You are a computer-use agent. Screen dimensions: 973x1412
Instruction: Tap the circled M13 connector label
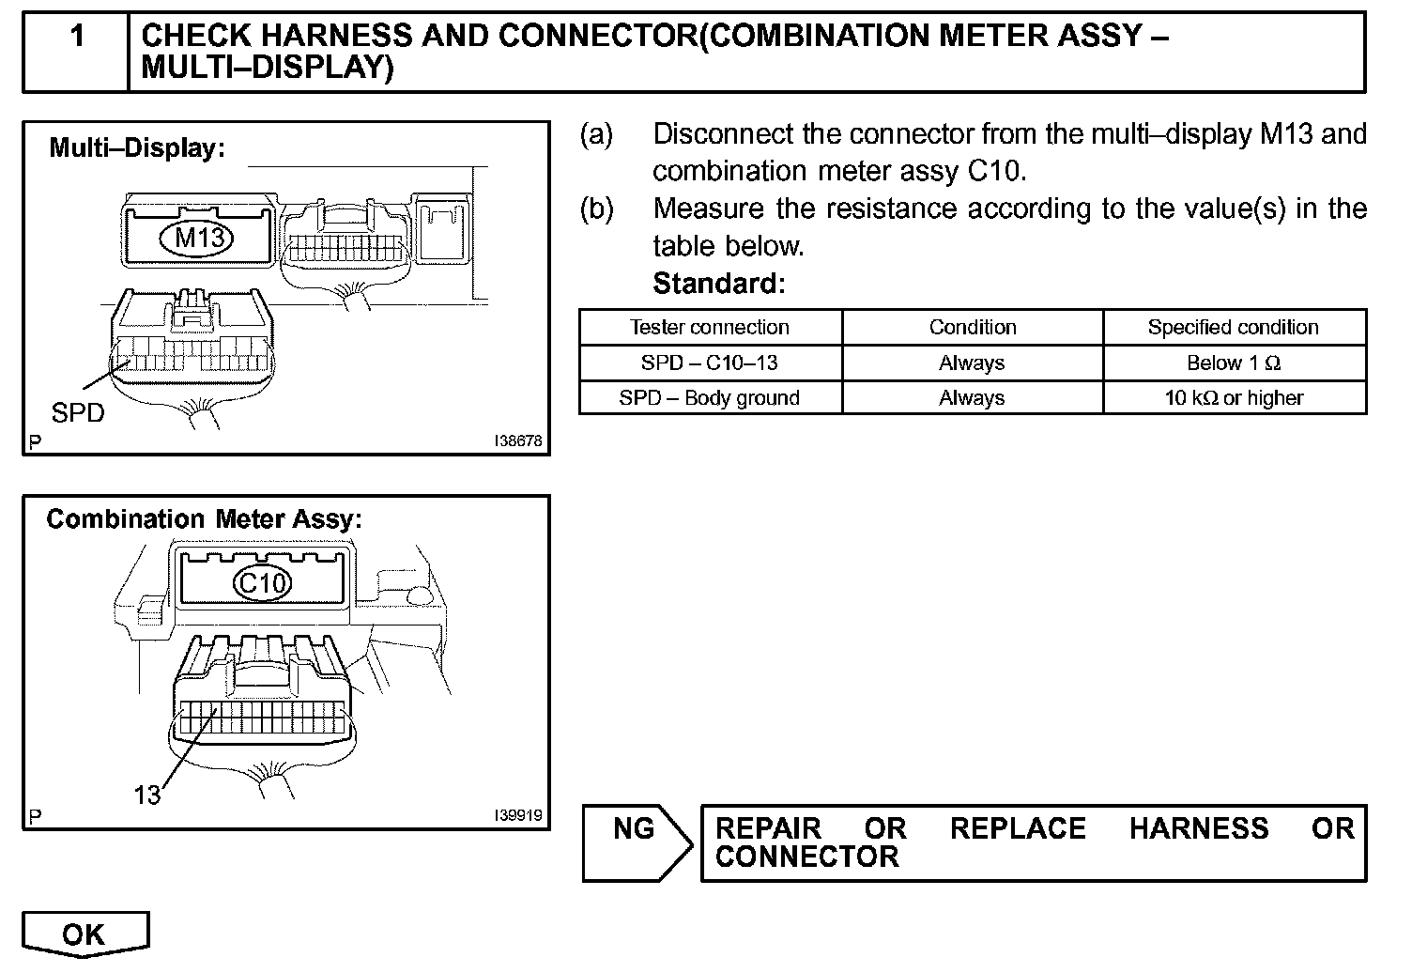201,238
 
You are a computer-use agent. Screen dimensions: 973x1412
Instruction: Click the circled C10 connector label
262,583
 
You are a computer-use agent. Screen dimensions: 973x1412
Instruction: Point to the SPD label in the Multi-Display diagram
78,412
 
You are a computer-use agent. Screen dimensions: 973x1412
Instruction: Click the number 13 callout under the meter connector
147,795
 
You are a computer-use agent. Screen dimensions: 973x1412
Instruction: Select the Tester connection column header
710,328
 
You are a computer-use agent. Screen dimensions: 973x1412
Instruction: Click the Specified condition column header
1233,328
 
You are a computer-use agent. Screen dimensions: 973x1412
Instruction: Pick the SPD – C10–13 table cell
710,363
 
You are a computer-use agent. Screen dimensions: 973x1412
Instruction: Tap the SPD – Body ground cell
710,398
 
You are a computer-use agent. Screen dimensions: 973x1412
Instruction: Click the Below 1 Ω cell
1233,363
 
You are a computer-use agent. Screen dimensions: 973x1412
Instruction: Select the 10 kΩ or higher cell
1233,398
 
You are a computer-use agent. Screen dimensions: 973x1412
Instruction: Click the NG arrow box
635,842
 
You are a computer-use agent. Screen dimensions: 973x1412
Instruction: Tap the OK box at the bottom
84,934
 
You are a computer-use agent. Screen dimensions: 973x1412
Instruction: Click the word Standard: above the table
718,283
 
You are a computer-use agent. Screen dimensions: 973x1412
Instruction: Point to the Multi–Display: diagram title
137,147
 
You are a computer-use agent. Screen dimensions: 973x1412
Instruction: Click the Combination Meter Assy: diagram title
204,519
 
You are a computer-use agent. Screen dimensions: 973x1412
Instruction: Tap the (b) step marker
596,208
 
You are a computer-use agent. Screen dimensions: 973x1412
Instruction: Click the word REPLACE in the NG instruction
1018,828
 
